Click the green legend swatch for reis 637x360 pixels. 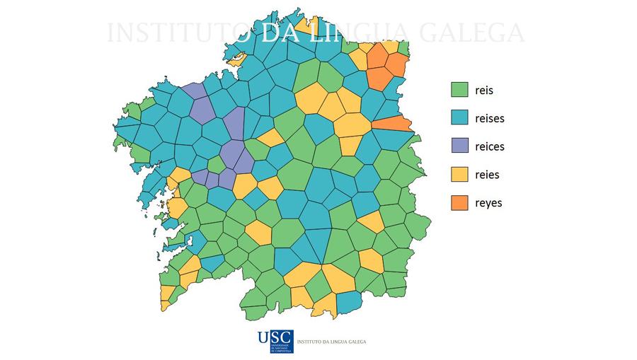click(x=460, y=90)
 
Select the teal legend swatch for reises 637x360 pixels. click(x=460, y=118)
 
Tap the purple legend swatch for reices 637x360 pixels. click(x=460, y=146)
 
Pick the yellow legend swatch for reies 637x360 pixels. click(x=460, y=175)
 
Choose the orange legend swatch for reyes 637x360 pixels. click(x=460, y=203)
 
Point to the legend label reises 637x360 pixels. click(x=490, y=119)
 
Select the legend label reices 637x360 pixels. click(x=490, y=147)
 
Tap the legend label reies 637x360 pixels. click(x=488, y=175)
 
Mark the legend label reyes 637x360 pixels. click(x=489, y=204)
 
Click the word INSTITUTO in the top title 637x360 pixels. click(x=180, y=33)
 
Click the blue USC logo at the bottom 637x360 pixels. click(x=275, y=341)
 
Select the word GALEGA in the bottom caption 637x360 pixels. click(x=355, y=342)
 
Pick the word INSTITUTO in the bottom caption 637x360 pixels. click(x=309, y=342)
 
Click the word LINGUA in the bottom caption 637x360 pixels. click(x=338, y=342)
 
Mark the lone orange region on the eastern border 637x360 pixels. click(x=394, y=124)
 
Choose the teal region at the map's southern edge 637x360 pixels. click(x=348, y=303)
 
